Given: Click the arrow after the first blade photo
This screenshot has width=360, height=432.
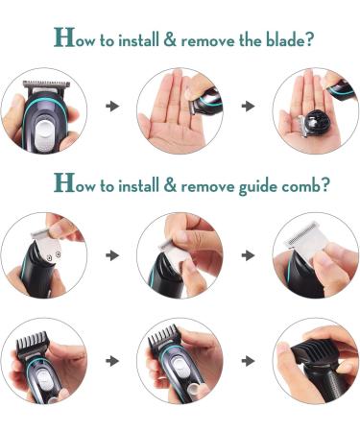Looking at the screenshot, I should [113, 106].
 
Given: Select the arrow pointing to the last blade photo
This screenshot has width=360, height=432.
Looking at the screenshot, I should [249, 106].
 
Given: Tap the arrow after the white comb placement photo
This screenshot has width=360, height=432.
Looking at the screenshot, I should [113, 255].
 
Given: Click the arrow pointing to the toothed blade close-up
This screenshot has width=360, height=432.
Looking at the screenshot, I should [249, 255].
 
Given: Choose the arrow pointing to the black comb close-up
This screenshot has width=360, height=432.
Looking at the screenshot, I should [249, 364].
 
